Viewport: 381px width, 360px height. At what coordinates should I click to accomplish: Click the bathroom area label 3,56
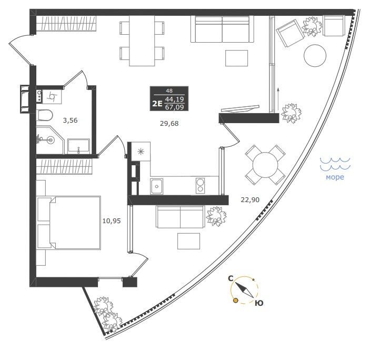[x=70, y=120]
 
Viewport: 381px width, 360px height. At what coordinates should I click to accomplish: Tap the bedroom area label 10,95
[x=112, y=221]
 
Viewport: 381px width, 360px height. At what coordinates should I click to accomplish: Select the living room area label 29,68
[x=169, y=124]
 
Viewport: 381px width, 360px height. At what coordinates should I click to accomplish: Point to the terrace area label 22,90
[x=250, y=200]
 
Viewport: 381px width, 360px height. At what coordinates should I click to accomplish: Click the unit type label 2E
[x=157, y=104]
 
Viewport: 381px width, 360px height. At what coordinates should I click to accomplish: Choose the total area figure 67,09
[x=175, y=107]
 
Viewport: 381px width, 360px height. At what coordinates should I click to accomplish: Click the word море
[x=335, y=177]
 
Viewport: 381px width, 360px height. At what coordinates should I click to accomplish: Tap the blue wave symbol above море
[x=335, y=163]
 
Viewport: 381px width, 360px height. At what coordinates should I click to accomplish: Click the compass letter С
[x=230, y=278]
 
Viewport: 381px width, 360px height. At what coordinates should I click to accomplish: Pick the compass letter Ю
[x=259, y=303]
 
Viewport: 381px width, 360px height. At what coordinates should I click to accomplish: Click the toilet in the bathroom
[x=44, y=115]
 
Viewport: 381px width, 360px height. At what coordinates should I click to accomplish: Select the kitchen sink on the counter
[x=157, y=186]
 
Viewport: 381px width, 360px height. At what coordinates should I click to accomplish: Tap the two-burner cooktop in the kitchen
[x=200, y=186]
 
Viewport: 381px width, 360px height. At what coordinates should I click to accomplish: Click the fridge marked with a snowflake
[x=141, y=152]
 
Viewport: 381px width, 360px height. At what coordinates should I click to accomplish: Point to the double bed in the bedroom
[x=68, y=223]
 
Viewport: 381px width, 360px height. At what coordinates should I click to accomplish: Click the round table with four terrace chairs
[x=265, y=165]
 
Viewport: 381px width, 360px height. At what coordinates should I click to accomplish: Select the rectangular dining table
[x=142, y=41]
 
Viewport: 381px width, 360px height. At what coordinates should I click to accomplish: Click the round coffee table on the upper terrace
[x=315, y=55]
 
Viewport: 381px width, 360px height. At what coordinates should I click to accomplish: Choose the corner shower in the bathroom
[x=49, y=140]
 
